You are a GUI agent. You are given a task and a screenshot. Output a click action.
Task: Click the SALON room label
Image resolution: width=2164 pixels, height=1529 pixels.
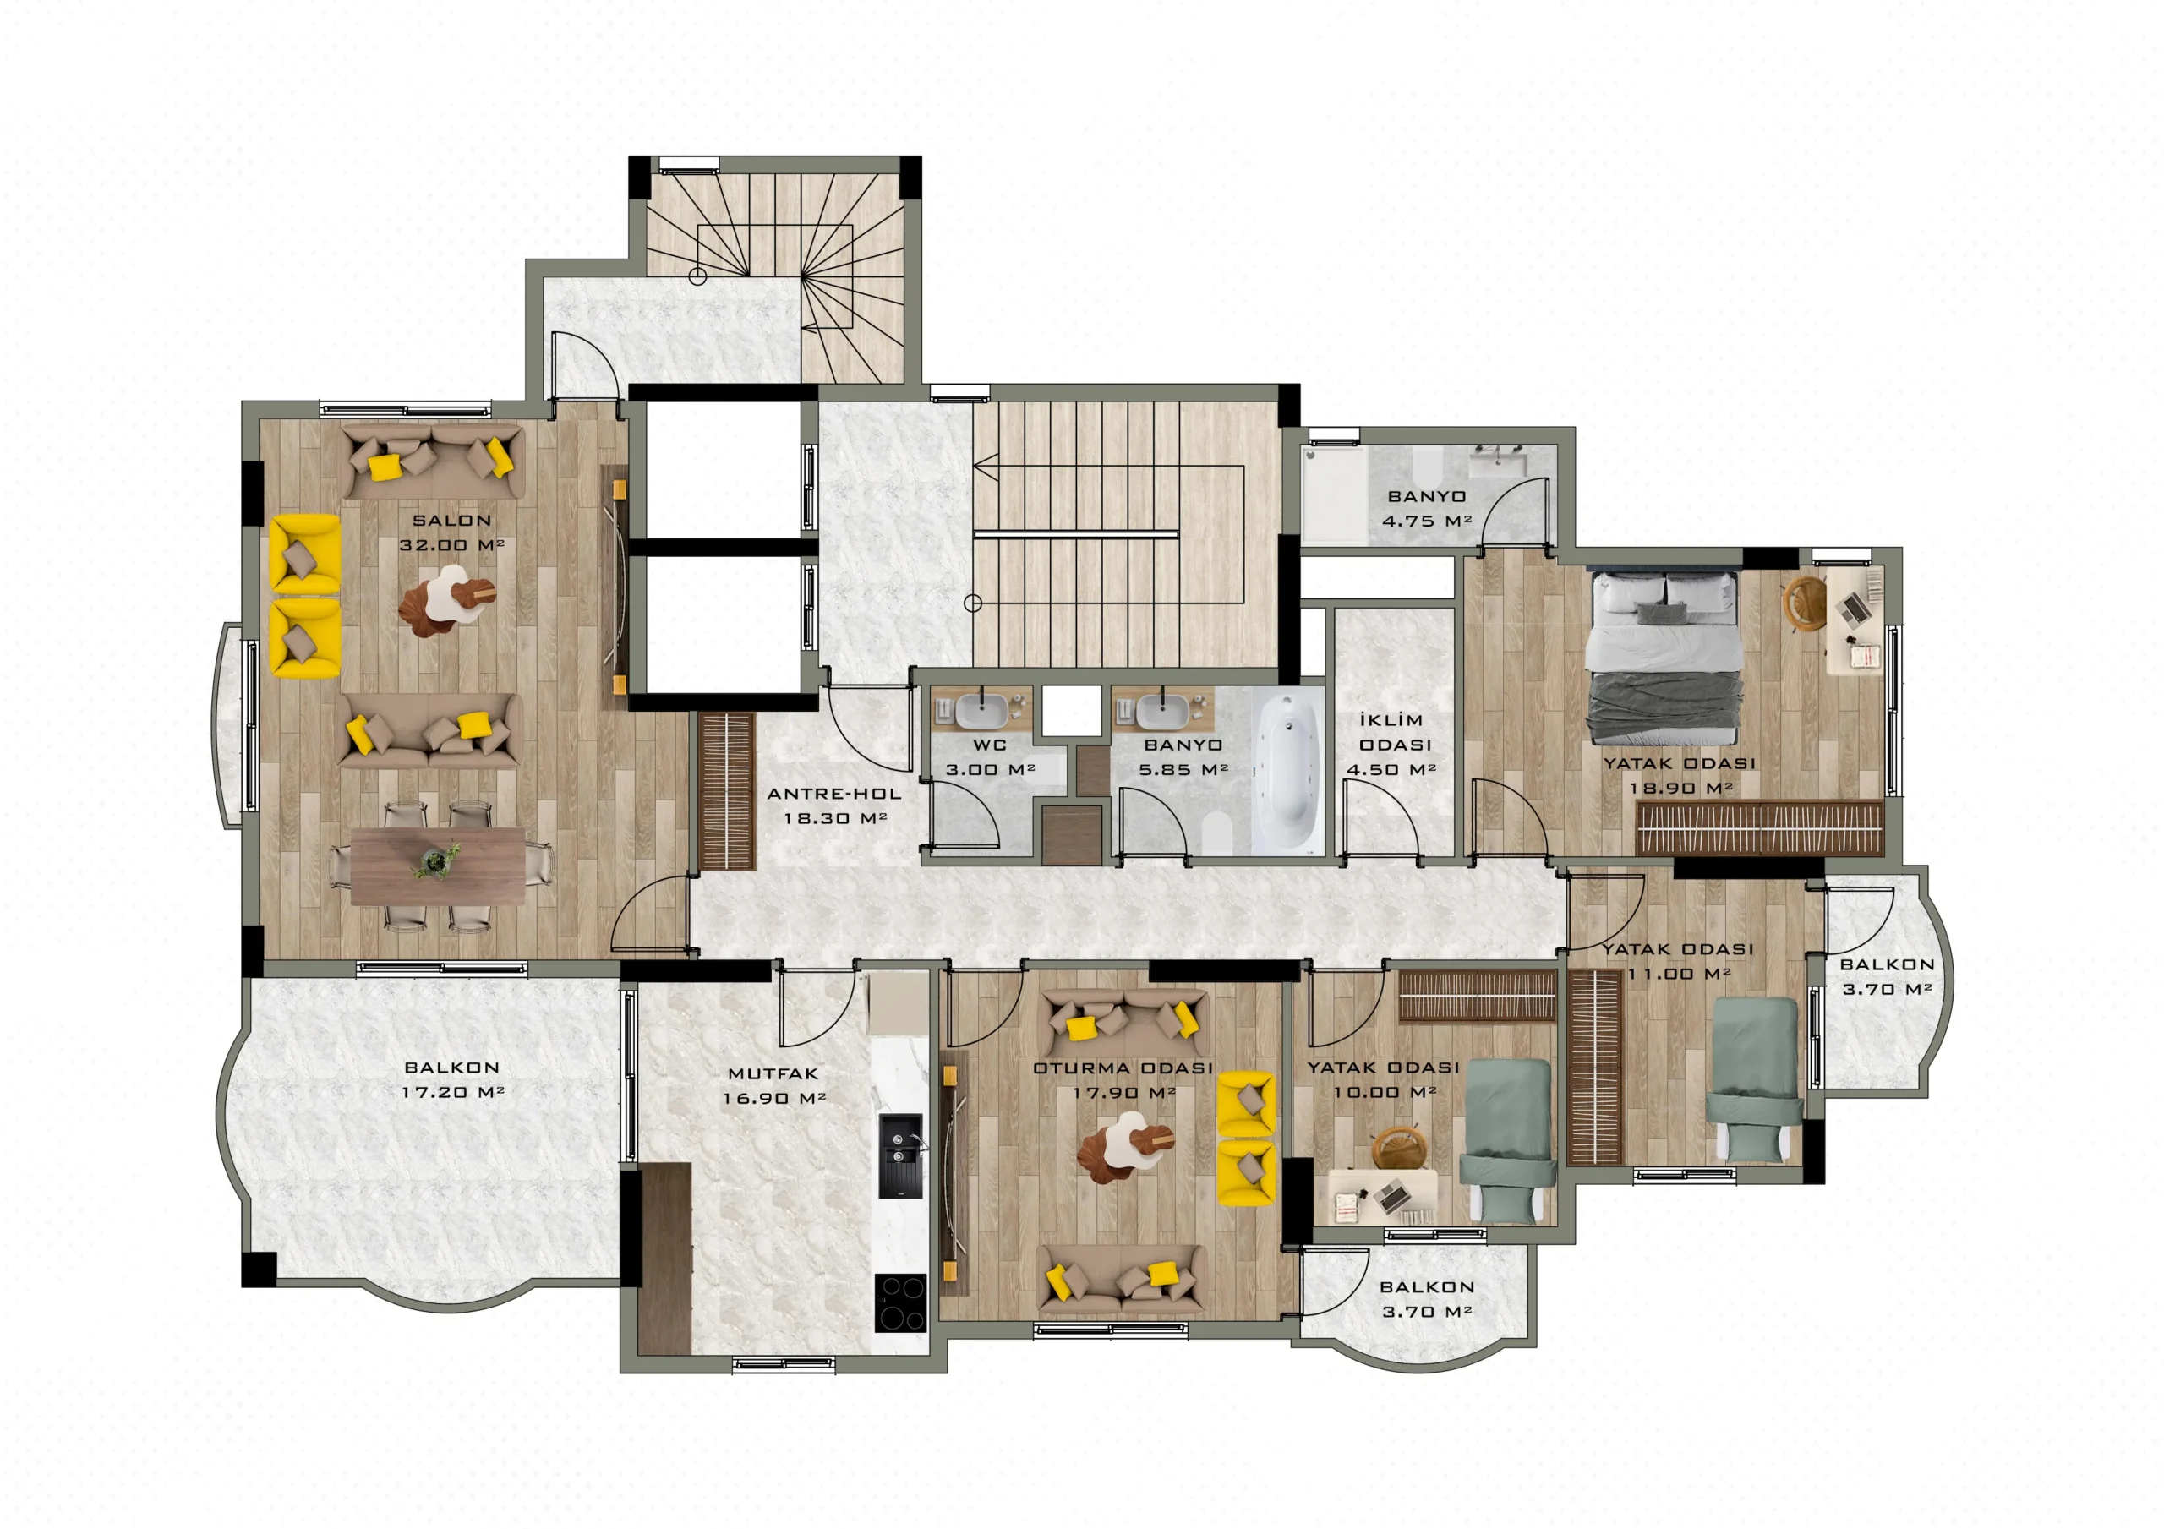(451, 521)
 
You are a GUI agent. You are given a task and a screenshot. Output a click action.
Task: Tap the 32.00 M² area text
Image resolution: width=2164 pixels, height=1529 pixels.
(451, 545)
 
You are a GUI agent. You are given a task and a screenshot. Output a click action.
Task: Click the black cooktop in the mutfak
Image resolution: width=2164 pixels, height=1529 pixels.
(900, 1302)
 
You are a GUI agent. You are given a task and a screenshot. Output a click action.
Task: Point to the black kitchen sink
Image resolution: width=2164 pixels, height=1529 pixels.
(900, 1155)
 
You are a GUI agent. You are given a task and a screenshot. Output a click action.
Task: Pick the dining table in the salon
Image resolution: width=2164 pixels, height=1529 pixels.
(437, 866)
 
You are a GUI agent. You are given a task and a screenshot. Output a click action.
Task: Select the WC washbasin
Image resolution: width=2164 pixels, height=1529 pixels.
(981, 711)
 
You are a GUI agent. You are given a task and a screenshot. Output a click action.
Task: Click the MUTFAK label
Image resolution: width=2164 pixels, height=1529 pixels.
(773, 1073)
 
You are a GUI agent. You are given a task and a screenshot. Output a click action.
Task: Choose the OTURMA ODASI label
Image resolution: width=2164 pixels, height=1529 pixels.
(1123, 1068)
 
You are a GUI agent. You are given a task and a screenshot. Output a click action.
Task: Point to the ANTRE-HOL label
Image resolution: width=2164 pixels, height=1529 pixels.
(833, 794)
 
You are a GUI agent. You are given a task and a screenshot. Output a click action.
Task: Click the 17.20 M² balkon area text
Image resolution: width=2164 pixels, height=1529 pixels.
(452, 1092)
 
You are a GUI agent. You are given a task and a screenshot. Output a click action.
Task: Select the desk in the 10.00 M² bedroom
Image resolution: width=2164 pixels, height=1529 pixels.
(1383, 1197)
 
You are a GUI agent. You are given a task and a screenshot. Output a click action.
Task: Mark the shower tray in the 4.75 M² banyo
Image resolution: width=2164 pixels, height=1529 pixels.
(1335, 496)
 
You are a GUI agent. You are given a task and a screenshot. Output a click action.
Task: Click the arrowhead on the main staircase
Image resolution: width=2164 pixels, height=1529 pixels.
(986, 467)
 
